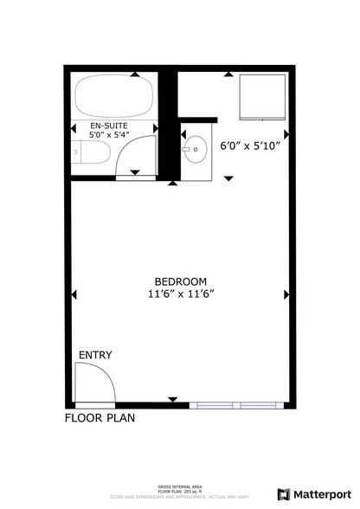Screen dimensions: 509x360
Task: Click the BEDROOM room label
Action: pos(180,280)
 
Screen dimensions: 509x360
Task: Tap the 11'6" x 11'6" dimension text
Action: pos(180,293)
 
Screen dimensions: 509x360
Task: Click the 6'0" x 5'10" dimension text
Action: pos(250,146)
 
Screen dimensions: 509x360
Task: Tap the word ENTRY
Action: pos(94,355)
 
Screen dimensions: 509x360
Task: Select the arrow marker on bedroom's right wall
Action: pos(286,294)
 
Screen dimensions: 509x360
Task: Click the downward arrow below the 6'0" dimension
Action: pos(228,178)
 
